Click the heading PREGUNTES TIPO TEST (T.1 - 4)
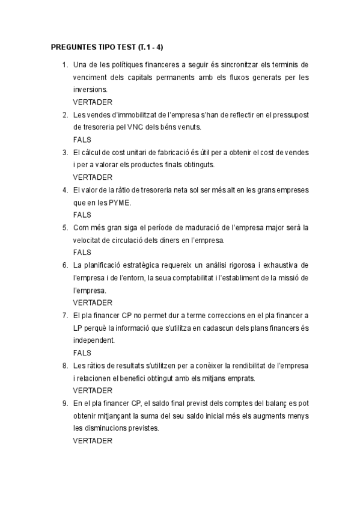(x=111, y=47)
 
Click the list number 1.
(x=64, y=64)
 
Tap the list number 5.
(x=64, y=227)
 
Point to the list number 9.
(x=64, y=403)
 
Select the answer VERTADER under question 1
(x=93, y=102)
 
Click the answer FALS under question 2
(x=82, y=140)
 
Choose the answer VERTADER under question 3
(x=93, y=177)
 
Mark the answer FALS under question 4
(x=82, y=215)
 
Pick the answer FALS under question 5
(x=82, y=253)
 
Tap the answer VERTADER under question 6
(x=93, y=303)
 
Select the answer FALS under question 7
(x=82, y=353)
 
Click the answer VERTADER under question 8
(x=93, y=390)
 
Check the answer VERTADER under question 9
(x=93, y=441)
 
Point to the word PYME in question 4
(x=119, y=203)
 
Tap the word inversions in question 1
(x=90, y=90)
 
